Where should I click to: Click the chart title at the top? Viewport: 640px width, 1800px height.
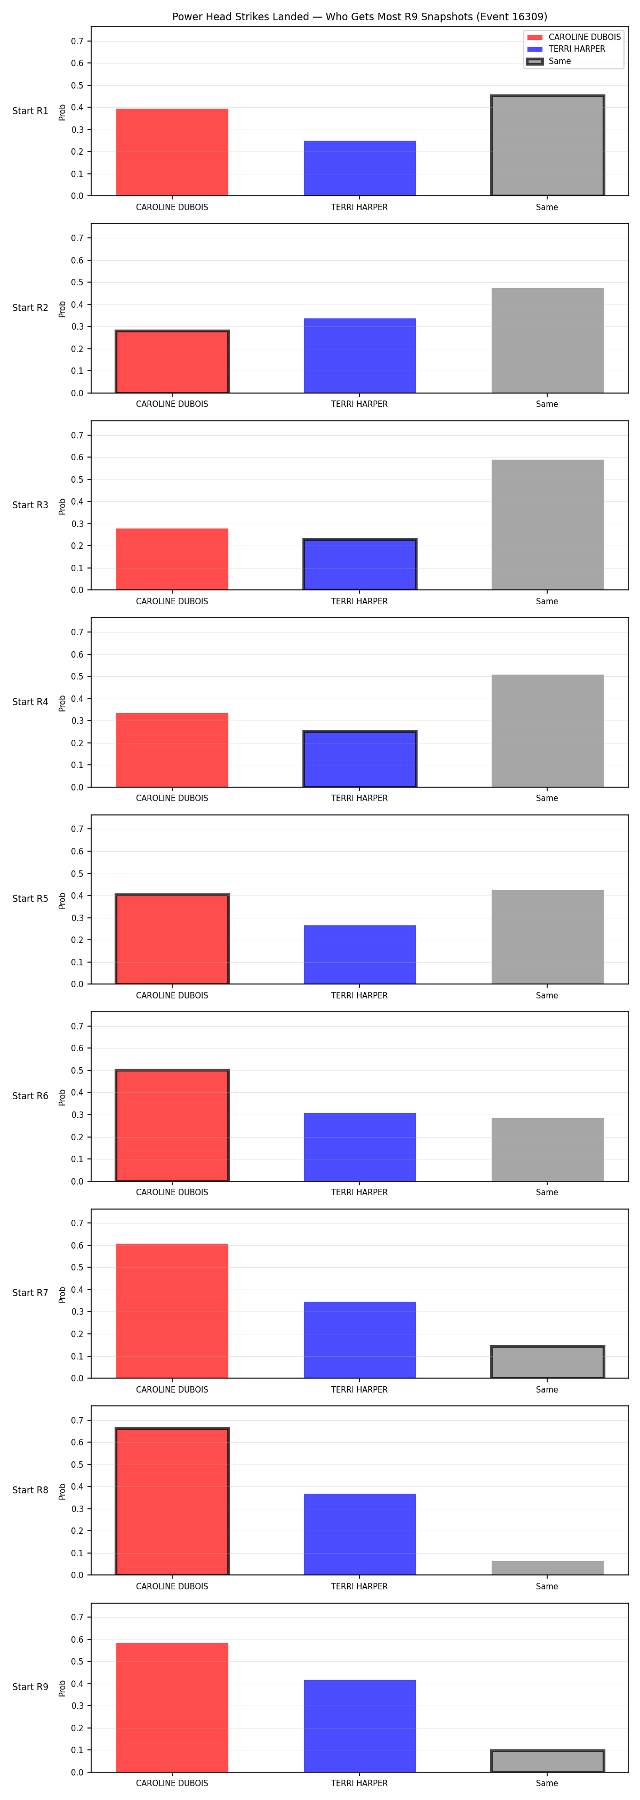pyautogui.click(x=360, y=17)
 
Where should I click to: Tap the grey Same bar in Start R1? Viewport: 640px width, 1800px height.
pyautogui.click(x=548, y=146)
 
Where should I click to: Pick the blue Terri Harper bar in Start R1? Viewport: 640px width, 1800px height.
pyautogui.click(x=360, y=169)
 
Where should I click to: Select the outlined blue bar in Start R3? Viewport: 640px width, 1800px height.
pyautogui.click(x=360, y=565)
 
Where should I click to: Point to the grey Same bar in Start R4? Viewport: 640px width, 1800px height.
pyautogui.click(x=548, y=731)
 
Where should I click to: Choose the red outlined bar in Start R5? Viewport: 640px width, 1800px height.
pyautogui.click(x=172, y=939)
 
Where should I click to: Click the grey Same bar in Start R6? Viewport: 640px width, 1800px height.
pyautogui.click(x=548, y=1149)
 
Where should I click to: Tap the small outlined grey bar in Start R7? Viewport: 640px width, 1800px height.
pyautogui.click(x=548, y=1362)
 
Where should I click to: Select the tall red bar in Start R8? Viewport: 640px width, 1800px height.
pyautogui.click(x=172, y=1502)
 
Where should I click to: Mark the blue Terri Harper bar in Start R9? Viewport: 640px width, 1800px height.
pyautogui.click(x=360, y=1726)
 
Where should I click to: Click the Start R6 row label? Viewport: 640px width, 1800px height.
pyautogui.click(x=30, y=1095)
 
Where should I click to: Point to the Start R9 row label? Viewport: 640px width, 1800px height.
pyautogui.click(x=30, y=1687)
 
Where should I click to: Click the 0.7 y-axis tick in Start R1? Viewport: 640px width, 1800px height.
pyautogui.click(x=77, y=41)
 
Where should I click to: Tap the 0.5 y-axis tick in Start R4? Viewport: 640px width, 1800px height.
pyautogui.click(x=77, y=676)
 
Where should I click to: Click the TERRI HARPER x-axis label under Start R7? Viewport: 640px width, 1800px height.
pyautogui.click(x=359, y=1390)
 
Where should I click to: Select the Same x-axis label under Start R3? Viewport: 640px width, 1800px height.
pyautogui.click(x=547, y=602)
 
